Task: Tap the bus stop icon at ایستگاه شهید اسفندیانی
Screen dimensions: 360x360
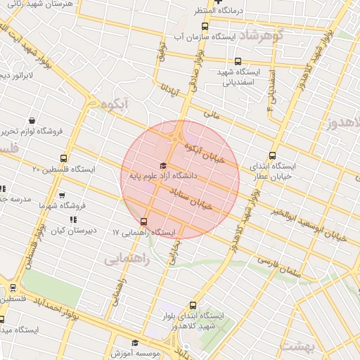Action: point(238,61)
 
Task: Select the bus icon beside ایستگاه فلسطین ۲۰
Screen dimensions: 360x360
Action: point(65,158)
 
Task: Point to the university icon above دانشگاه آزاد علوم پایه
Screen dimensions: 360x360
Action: point(153,165)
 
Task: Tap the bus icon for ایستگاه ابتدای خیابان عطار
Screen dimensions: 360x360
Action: point(273,156)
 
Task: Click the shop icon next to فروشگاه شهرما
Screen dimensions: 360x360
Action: point(62,195)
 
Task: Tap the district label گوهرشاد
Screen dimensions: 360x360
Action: point(259,34)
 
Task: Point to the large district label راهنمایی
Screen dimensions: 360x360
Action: point(127,258)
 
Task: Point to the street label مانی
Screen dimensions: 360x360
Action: point(212,111)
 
